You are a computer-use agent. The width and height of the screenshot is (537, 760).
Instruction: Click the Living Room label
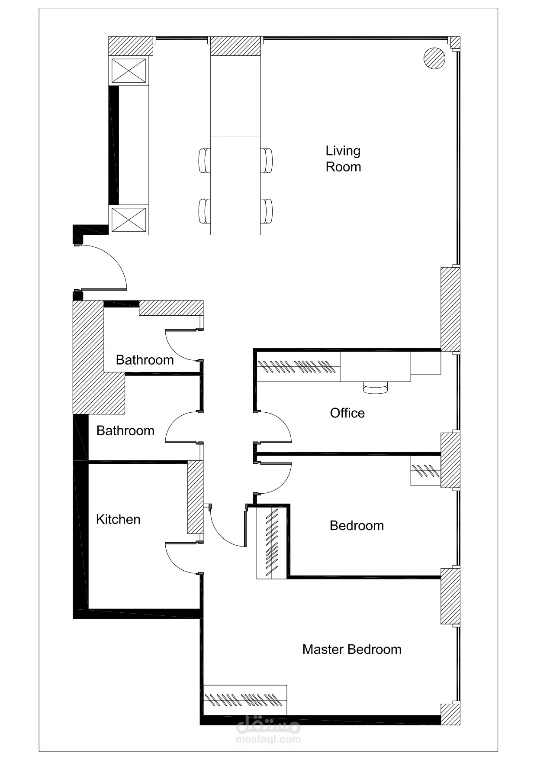[343, 159]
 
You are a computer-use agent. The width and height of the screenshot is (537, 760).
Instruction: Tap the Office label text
[347, 413]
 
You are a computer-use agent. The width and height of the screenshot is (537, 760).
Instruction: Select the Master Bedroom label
[351, 649]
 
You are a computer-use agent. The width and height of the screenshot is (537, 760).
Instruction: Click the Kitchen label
[118, 519]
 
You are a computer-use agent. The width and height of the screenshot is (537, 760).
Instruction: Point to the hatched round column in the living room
[434, 58]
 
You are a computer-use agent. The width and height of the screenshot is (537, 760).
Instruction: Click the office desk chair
[375, 388]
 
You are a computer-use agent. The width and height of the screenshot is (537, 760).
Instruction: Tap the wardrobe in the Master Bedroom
[245, 699]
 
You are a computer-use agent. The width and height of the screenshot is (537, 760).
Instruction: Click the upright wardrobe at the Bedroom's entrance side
[271, 542]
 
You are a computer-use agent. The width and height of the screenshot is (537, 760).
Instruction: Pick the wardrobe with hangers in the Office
[299, 367]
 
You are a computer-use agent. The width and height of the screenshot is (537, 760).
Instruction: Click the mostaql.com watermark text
[268, 739]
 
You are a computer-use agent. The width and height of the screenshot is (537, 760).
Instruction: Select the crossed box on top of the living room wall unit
[129, 71]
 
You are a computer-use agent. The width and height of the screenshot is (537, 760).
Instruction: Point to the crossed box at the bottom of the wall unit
[129, 220]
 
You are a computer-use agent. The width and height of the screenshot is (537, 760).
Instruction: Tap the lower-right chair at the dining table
[267, 211]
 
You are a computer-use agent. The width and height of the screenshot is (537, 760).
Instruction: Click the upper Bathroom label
[145, 360]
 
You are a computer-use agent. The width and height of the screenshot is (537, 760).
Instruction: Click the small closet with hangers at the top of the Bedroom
[425, 470]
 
